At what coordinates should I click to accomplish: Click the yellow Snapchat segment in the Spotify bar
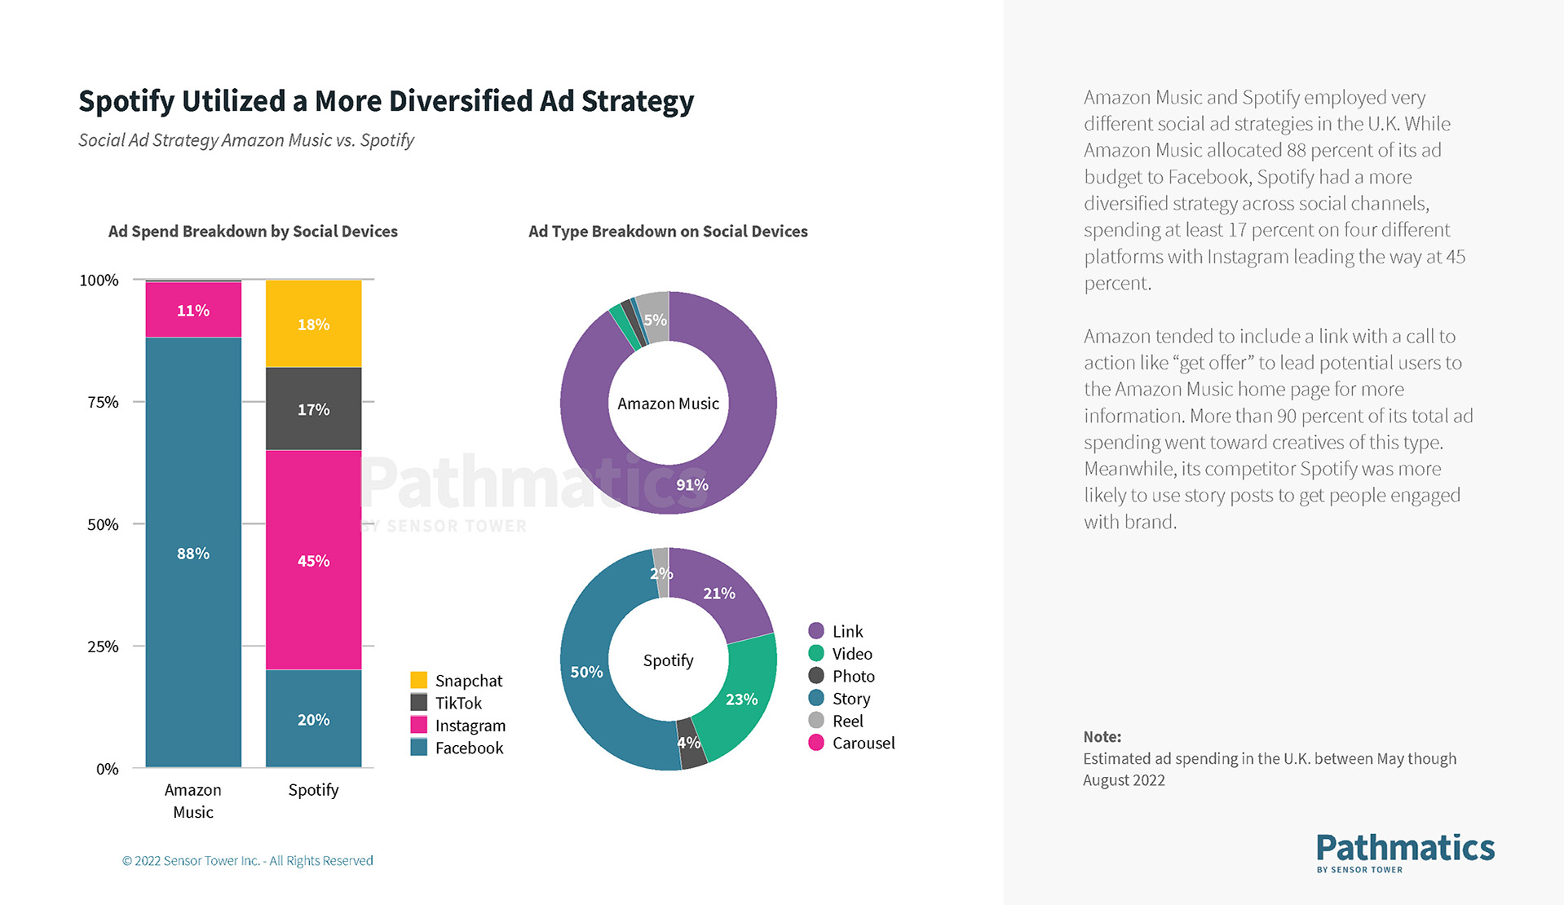pyautogui.click(x=313, y=324)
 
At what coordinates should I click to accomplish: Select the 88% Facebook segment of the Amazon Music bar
pyautogui.click(x=193, y=552)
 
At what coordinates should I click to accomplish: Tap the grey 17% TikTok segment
pyautogui.click(x=313, y=408)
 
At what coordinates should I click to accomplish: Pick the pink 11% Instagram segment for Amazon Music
pyautogui.click(x=193, y=310)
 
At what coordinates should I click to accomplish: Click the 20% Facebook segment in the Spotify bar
pyautogui.click(x=313, y=718)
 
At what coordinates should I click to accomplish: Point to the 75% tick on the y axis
pyautogui.click(x=103, y=402)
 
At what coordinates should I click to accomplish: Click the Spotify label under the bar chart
pyautogui.click(x=313, y=789)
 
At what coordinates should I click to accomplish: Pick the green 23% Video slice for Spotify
pyautogui.click(x=740, y=699)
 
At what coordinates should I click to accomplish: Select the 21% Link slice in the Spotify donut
pyautogui.click(x=719, y=593)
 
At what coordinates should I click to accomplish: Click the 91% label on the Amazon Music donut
pyautogui.click(x=691, y=484)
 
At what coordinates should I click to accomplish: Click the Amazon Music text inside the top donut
pyautogui.click(x=668, y=404)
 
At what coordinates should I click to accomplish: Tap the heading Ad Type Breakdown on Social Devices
pyautogui.click(x=668, y=232)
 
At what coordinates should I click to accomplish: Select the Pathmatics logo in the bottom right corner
pyautogui.click(x=1405, y=852)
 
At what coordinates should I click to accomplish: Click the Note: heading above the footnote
pyautogui.click(x=1102, y=736)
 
